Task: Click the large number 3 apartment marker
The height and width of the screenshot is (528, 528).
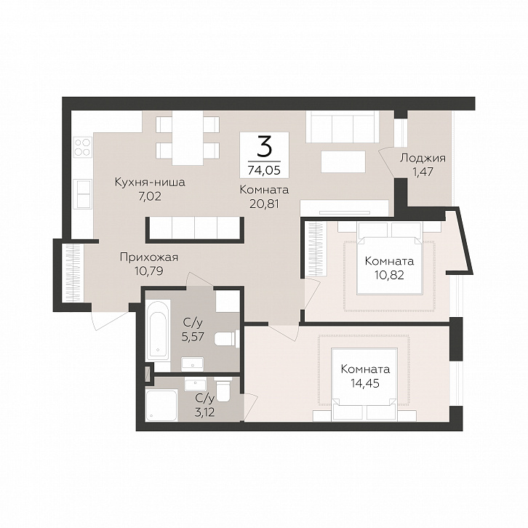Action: [x=264, y=148]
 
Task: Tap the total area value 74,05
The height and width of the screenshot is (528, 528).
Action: [x=264, y=170]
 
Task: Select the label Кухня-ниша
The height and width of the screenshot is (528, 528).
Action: [x=150, y=182]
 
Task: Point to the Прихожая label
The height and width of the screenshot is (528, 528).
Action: [x=149, y=257]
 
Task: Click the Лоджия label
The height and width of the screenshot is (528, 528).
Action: [x=423, y=158]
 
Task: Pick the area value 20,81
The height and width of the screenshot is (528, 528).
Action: [x=264, y=204]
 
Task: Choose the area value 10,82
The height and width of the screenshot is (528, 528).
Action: [x=389, y=275]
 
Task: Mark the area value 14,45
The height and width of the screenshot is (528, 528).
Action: [x=365, y=383]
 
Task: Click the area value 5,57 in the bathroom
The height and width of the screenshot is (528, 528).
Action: [x=193, y=337]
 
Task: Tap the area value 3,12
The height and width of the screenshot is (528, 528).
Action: [x=205, y=412]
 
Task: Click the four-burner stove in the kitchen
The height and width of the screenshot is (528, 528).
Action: [x=82, y=147]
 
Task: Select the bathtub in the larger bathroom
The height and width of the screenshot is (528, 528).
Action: [x=158, y=330]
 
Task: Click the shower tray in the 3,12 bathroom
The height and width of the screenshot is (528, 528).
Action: [x=161, y=405]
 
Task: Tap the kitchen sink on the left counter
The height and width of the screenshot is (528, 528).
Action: [x=82, y=194]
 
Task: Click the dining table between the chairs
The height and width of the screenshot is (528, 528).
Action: [x=188, y=138]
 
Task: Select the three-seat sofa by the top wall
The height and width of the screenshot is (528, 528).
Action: [x=342, y=127]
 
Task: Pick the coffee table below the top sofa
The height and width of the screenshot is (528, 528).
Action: [x=343, y=161]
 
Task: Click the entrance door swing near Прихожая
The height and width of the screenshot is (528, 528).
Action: [x=110, y=319]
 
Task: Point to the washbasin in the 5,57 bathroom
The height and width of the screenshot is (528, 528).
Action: [x=192, y=364]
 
